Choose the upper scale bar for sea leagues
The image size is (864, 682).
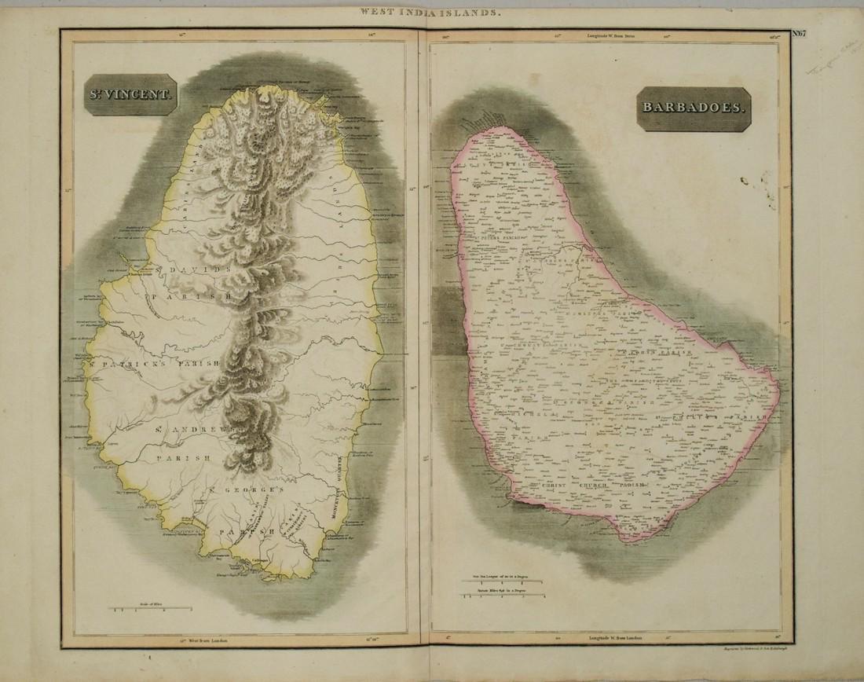[x=503, y=579]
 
